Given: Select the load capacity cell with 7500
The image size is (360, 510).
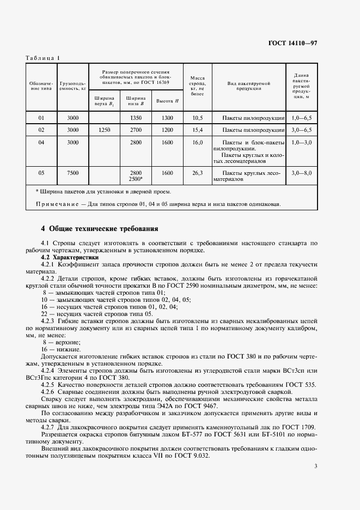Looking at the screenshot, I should [x=72, y=173].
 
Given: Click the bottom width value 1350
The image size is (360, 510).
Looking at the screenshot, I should [x=136, y=118].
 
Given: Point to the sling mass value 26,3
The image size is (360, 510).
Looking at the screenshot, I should [x=197, y=173].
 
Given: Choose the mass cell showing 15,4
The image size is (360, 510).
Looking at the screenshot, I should [x=197, y=130].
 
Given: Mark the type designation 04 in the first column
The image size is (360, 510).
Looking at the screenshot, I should [x=41, y=143].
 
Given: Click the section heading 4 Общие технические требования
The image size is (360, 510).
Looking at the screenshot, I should [x=100, y=228].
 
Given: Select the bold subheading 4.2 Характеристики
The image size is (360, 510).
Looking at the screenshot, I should [x=70, y=256].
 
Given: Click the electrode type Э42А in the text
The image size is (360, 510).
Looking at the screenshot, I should [x=173, y=406].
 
